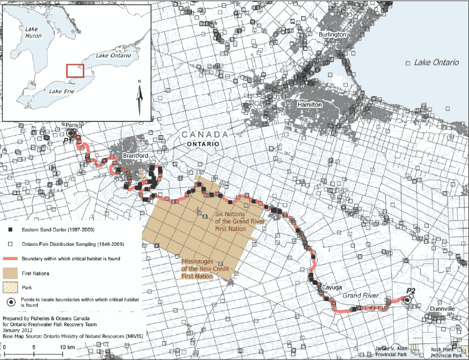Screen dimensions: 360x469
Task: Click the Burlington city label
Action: (333, 34)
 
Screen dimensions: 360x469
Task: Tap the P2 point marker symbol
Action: (407, 299)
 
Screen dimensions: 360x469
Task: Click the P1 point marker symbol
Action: (69, 133)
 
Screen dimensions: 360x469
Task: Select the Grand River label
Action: (360, 296)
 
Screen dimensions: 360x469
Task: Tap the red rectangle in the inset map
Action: (75, 71)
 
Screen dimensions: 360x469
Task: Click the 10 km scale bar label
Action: (67, 347)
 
